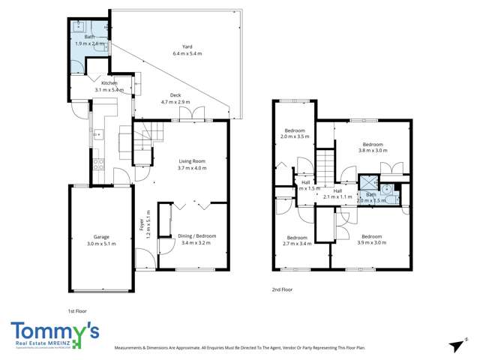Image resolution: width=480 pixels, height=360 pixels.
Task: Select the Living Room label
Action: pos(191,164)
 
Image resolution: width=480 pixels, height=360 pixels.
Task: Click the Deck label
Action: pos(175,98)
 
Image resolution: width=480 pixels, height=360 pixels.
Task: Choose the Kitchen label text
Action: pos(109,85)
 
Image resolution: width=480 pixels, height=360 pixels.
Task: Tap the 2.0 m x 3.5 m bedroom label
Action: pos(293,133)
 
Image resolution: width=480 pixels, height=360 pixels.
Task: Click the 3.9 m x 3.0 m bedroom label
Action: pos(373,239)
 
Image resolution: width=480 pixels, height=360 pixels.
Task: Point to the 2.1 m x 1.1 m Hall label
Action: pos(337,193)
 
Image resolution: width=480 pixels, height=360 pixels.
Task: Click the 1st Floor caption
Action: pos(76,309)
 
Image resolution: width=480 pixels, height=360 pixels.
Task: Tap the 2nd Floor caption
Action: pos(282,289)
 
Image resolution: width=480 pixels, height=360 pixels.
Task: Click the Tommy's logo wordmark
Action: pos(54,330)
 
